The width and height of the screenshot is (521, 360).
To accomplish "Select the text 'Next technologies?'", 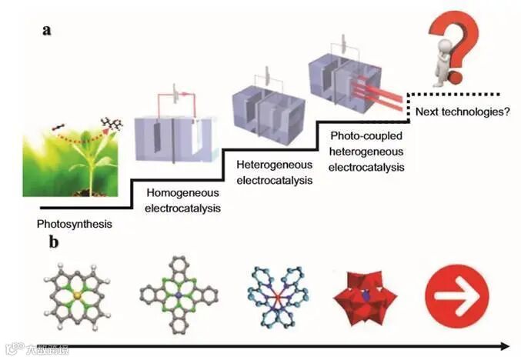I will coord(463,112).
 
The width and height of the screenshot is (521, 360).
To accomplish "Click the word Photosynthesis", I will coord(74,225).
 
